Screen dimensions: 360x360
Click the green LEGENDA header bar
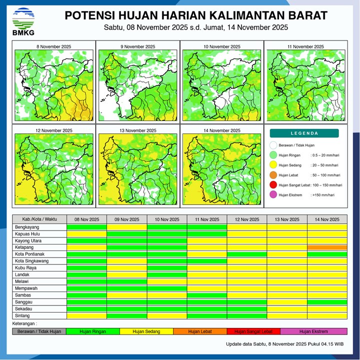(304, 133)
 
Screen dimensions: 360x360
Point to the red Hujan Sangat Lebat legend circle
(273, 185)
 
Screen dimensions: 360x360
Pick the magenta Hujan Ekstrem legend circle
(273, 195)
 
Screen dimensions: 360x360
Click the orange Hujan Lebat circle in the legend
(273, 175)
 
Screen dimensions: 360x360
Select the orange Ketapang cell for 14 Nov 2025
(327, 247)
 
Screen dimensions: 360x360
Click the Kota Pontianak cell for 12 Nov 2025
(246, 254)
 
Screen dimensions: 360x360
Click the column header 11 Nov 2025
(206, 219)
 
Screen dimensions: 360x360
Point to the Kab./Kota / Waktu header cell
(39, 219)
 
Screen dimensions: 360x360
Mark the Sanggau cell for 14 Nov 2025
(327, 302)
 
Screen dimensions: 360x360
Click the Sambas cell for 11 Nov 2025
(206, 295)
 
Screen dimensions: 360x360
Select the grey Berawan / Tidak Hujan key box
(39, 331)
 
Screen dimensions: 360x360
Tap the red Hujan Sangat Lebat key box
(253, 331)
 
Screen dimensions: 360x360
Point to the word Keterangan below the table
(25, 324)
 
